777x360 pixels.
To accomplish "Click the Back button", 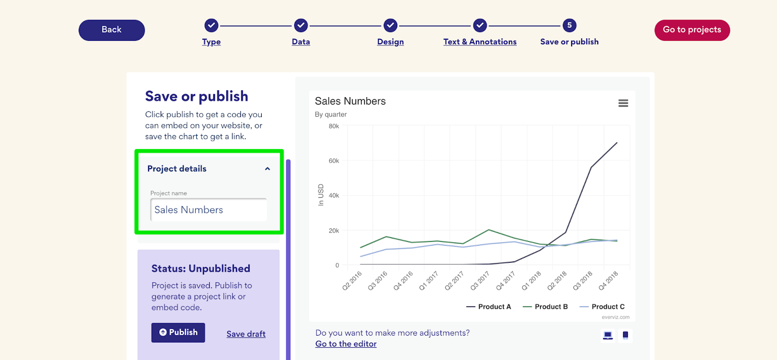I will tap(112, 30).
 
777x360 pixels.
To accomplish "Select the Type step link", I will tap(211, 42).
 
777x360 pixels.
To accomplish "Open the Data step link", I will tap(301, 42).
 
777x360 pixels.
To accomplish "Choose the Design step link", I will tap(390, 42).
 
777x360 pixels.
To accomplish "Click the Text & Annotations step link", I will tap(480, 42).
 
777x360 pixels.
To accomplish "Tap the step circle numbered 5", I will tap(569, 25).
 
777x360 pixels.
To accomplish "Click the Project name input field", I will tap(209, 210).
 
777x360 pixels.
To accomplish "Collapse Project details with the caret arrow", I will tap(267, 169).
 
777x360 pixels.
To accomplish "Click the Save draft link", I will tap(246, 334).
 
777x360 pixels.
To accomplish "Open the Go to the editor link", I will tap(346, 344).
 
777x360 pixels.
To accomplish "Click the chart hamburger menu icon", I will tap(623, 103).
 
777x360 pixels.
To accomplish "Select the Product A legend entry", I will tap(489, 307).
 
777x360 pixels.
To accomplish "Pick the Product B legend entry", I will tap(545, 307).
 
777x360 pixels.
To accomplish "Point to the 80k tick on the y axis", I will tap(334, 126).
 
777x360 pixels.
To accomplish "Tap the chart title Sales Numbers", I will tap(350, 101).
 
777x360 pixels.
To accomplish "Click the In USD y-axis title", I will tap(321, 195).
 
